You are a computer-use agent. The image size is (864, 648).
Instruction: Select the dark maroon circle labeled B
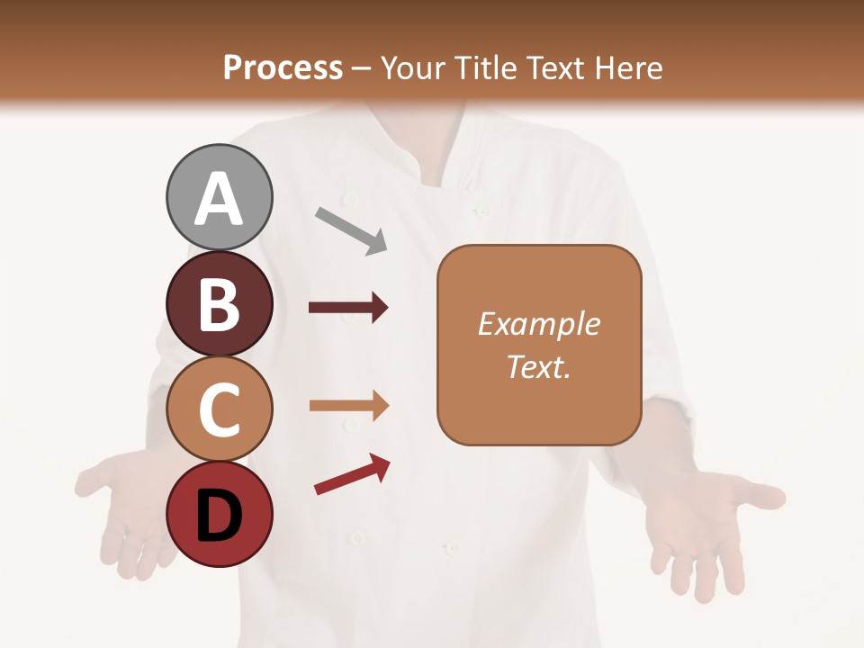coord(219,303)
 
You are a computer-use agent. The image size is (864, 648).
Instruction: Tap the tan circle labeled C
coord(219,409)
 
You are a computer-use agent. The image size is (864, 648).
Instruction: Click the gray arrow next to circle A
coord(352,230)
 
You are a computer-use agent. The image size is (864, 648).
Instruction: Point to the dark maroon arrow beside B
coord(348,308)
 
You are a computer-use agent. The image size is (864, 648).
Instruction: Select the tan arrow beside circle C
coord(348,406)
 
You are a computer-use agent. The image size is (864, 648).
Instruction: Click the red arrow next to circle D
coord(352,474)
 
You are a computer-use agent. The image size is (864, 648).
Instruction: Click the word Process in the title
coord(283,67)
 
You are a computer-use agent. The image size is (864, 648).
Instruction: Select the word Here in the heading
coord(629,67)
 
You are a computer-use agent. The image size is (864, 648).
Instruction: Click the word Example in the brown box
coord(538,324)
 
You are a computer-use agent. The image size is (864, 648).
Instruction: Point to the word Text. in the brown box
coord(538,366)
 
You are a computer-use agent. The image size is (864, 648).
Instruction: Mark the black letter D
coord(219,516)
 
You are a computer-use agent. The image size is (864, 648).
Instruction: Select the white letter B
coord(219,304)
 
